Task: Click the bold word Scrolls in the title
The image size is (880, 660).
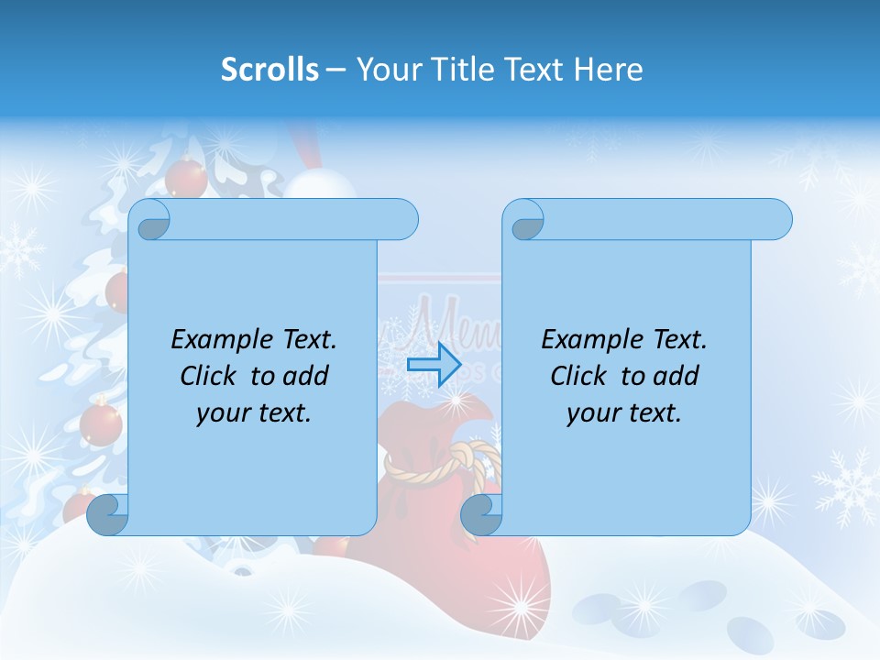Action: (269, 69)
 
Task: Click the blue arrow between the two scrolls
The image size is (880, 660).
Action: (434, 365)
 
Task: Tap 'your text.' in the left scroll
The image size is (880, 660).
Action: (254, 412)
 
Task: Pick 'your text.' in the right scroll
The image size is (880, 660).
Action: (624, 412)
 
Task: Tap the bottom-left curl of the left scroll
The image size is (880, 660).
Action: (108, 515)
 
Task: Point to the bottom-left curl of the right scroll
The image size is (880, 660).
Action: (482, 515)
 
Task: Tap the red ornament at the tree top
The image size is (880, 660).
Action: (187, 176)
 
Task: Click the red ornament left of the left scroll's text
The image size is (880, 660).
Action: (101, 423)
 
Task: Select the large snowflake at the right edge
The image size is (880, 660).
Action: (845, 486)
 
